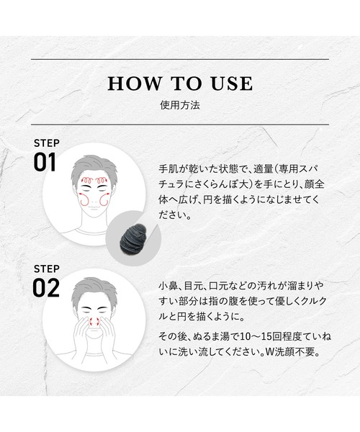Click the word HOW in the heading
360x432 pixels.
tap(135, 84)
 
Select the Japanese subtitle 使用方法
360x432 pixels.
tap(180, 105)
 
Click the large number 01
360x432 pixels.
tap(45, 163)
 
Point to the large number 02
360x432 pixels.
tap(46, 288)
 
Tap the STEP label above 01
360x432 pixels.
tap(47, 143)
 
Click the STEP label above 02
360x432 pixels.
tap(47, 269)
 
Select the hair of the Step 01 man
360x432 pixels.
tap(94, 167)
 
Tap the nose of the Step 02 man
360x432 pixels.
tap(94, 322)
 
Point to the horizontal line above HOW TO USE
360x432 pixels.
tap(180, 59)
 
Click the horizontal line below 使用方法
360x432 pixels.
tap(180, 125)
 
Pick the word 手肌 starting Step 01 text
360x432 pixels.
tap(168, 168)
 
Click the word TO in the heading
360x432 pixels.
tap(186, 84)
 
